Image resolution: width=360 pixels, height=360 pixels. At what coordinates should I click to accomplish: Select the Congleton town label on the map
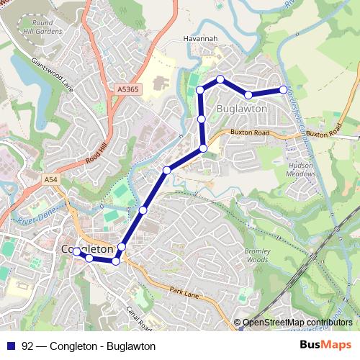pos(88,249)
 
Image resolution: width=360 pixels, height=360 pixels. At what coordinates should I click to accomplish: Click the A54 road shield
pos(50,179)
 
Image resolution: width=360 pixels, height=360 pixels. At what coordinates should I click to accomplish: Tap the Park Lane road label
pos(184,290)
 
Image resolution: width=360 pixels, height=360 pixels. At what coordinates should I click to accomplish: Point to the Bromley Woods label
pos(257,256)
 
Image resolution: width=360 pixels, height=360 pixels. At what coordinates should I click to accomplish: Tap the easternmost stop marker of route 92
pos(283,89)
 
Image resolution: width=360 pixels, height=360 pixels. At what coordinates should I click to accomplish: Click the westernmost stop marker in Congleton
pos(76,252)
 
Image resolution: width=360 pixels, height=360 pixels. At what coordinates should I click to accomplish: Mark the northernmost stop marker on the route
pos(220,79)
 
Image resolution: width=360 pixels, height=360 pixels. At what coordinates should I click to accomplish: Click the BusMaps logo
pos(324,346)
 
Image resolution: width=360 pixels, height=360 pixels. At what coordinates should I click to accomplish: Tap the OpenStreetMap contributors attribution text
pos(297,323)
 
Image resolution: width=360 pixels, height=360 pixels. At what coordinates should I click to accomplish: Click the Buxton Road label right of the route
pos(250,133)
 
